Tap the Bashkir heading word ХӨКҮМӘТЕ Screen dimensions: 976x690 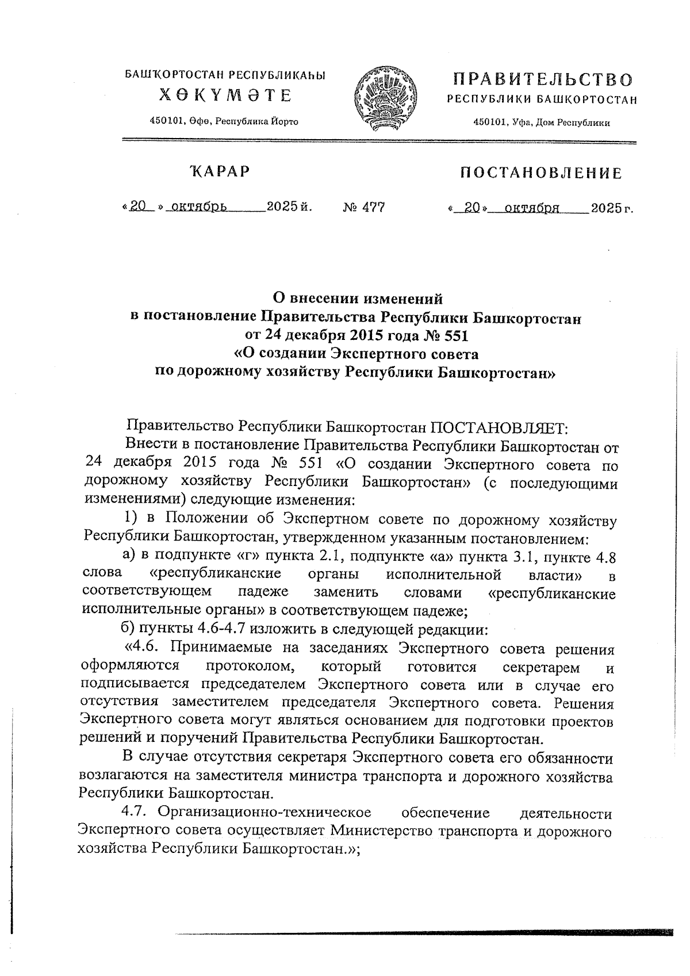225,95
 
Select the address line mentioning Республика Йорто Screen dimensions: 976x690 224,121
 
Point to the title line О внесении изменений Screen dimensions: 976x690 357,298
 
